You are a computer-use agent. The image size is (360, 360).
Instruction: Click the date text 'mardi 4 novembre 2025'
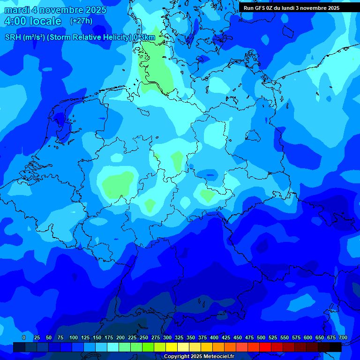(55, 10)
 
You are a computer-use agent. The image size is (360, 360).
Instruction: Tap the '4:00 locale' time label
(33, 21)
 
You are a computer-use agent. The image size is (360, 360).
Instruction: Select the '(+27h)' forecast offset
(81, 21)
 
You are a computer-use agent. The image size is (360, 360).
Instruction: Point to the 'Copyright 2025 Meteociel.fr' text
(199, 356)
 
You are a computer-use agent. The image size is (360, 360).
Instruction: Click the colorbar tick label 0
(24, 337)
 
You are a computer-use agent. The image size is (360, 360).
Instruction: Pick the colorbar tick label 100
(74, 337)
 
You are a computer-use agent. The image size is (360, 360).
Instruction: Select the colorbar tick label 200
(120, 337)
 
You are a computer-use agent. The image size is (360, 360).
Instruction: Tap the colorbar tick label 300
(167, 337)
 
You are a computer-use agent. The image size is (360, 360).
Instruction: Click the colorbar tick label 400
(214, 337)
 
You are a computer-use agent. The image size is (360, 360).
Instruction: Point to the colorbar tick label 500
(261, 337)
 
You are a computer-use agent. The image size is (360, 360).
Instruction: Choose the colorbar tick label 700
(343, 337)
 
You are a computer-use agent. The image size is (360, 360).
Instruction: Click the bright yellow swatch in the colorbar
(172, 347)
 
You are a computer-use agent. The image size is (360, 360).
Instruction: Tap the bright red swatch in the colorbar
(265, 347)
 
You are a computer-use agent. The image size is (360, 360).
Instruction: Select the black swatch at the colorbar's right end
(336, 347)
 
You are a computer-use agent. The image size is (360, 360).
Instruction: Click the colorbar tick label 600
(308, 337)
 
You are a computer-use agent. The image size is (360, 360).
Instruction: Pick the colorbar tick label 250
(144, 337)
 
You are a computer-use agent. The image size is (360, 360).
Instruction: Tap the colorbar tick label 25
(37, 337)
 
